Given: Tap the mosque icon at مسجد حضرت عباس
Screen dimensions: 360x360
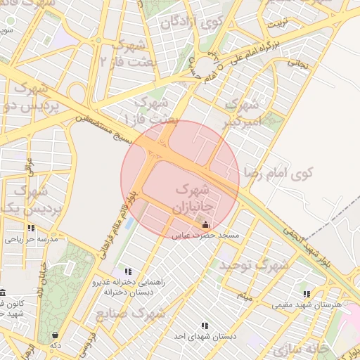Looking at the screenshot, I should [205, 224].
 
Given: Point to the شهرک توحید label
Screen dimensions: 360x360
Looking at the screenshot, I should [254, 265].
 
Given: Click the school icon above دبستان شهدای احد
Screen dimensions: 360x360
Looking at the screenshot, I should [205, 326].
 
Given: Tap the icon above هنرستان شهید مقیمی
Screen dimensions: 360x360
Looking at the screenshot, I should [306, 294].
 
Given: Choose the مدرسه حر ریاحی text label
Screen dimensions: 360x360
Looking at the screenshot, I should [31, 239].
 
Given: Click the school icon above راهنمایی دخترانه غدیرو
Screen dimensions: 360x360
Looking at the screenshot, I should [127, 271].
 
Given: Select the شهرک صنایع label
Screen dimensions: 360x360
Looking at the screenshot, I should [130, 312].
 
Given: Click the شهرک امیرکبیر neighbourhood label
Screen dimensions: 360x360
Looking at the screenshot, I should [243, 112].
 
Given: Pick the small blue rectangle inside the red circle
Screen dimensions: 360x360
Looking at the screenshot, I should [129, 223].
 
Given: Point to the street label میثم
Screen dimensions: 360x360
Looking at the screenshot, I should [243, 295].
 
